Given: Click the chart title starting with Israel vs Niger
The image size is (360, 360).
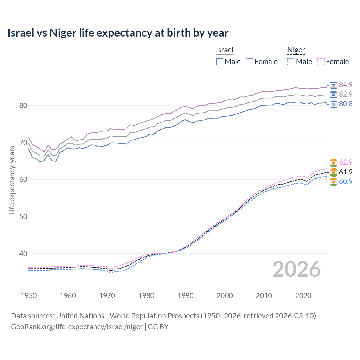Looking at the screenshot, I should [x=118, y=33].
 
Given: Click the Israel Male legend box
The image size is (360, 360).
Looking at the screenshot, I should [x=220, y=62].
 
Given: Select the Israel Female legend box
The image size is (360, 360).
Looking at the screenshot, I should [x=249, y=62].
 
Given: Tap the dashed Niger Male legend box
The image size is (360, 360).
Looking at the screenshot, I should [x=291, y=62].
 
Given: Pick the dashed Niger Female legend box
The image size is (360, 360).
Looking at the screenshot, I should [x=321, y=62].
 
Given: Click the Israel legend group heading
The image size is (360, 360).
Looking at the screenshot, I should [x=225, y=50].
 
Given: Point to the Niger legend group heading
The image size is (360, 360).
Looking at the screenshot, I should [x=296, y=50].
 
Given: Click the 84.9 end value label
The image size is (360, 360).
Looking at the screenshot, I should [x=346, y=85].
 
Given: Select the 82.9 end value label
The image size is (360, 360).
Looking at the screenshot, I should [x=346, y=94].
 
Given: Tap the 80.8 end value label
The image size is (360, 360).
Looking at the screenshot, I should [x=346, y=104].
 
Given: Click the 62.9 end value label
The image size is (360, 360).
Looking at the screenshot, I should [x=346, y=162].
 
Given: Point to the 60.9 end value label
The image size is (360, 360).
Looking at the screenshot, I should [x=346, y=181].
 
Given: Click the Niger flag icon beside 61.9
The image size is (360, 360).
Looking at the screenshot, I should [x=334, y=172].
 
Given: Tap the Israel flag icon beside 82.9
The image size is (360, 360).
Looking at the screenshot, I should [x=334, y=94].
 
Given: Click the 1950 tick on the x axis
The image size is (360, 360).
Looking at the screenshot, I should [x=29, y=296].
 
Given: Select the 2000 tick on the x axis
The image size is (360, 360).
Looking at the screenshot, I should [x=225, y=296].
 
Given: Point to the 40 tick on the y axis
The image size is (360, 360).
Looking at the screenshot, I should [x=23, y=254].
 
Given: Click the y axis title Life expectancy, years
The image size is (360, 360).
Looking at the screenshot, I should [x=12, y=180].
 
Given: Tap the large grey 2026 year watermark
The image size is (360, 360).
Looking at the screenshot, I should [x=296, y=269].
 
